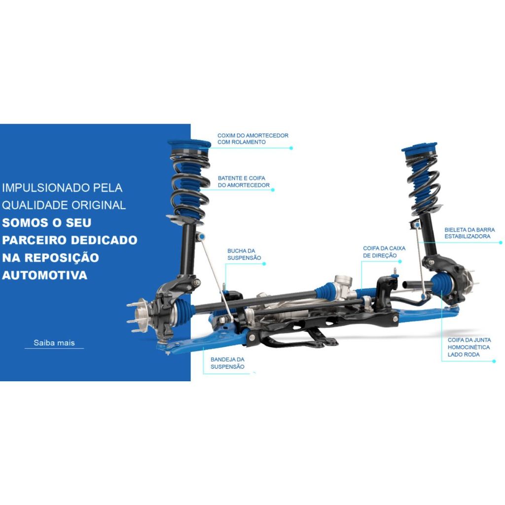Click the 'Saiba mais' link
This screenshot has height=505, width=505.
(x=54, y=343)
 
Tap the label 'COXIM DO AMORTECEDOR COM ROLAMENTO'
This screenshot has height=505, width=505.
(x=253, y=139)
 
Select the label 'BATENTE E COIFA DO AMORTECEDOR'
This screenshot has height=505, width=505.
(x=244, y=181)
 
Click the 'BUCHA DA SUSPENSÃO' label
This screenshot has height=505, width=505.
(x=244, y=254)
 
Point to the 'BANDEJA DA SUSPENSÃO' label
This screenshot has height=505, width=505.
(x=227, y=363)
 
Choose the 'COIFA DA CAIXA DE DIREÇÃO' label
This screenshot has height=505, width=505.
(x=384, y=252)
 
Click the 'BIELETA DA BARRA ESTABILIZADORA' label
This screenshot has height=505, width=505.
(x=469, y=233)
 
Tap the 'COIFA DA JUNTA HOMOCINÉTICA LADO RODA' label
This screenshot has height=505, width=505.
(x=469, y=347)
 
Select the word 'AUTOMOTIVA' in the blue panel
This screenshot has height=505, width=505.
(x=45, y=275)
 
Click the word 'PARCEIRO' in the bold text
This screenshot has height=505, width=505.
(x=35, y=240)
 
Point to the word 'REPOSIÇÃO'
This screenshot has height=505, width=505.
(x=62, y=257)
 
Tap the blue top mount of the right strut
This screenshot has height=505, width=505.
(x=420, y=149)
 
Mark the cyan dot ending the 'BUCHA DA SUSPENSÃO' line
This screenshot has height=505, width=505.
(x=264, y=264)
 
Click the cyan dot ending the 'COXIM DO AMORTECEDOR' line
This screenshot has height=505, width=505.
(x=291, y=148)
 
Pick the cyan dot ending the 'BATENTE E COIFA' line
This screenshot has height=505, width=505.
(x=273, y=190)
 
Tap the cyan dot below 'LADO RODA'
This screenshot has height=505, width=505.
(x=494, y=361)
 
